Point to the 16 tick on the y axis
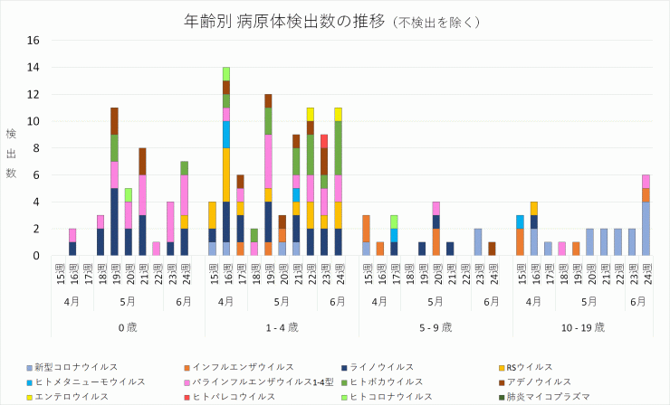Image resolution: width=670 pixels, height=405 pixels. coord(33,40)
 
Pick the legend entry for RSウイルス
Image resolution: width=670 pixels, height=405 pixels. coord(529,367)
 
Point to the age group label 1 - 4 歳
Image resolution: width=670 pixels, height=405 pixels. coord(282,326)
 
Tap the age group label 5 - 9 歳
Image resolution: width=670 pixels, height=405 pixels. coord(435,326)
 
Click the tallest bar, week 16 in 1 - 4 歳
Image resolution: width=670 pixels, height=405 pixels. coord(225,161)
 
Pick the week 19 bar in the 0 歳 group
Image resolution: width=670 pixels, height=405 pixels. coord(114,182)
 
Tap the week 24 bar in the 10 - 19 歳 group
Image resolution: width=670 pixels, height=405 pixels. coord(646,215)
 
